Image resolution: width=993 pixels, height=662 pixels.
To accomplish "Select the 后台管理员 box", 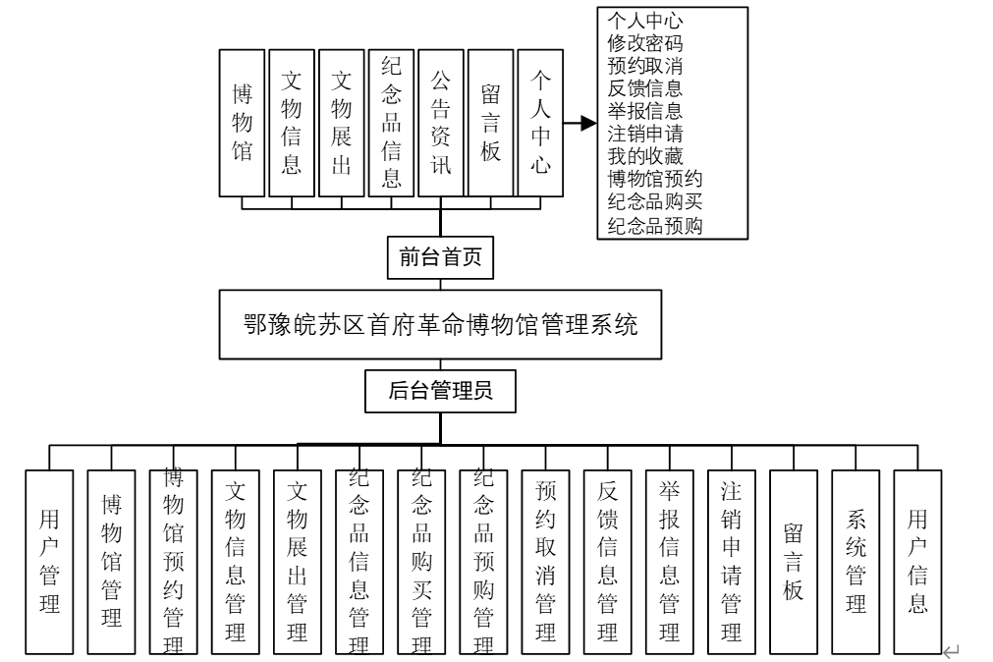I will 440,391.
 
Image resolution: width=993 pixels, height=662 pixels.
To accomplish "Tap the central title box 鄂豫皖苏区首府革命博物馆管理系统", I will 440,325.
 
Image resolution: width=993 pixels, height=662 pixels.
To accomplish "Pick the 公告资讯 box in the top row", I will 440,121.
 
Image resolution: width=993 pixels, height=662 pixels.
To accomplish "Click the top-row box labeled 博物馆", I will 242,121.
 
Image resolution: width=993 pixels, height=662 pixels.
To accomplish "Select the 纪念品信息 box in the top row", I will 391,121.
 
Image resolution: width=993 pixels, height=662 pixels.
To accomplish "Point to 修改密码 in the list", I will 645,43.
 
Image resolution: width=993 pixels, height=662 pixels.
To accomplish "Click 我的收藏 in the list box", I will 645,155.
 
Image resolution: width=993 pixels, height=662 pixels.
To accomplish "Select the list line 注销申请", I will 645,133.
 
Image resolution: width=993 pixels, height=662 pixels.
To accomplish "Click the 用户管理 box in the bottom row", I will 50,561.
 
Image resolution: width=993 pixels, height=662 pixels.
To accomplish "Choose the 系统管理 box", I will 855,561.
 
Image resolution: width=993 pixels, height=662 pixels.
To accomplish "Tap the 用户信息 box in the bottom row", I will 917,561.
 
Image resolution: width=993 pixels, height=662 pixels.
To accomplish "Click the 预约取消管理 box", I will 545,561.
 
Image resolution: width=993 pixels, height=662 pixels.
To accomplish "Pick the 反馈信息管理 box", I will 607,561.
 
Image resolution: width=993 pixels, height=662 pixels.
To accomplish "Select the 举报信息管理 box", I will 669,561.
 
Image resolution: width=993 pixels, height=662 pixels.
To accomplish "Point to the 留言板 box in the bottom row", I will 794,561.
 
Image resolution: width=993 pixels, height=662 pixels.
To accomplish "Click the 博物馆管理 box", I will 111,561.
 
